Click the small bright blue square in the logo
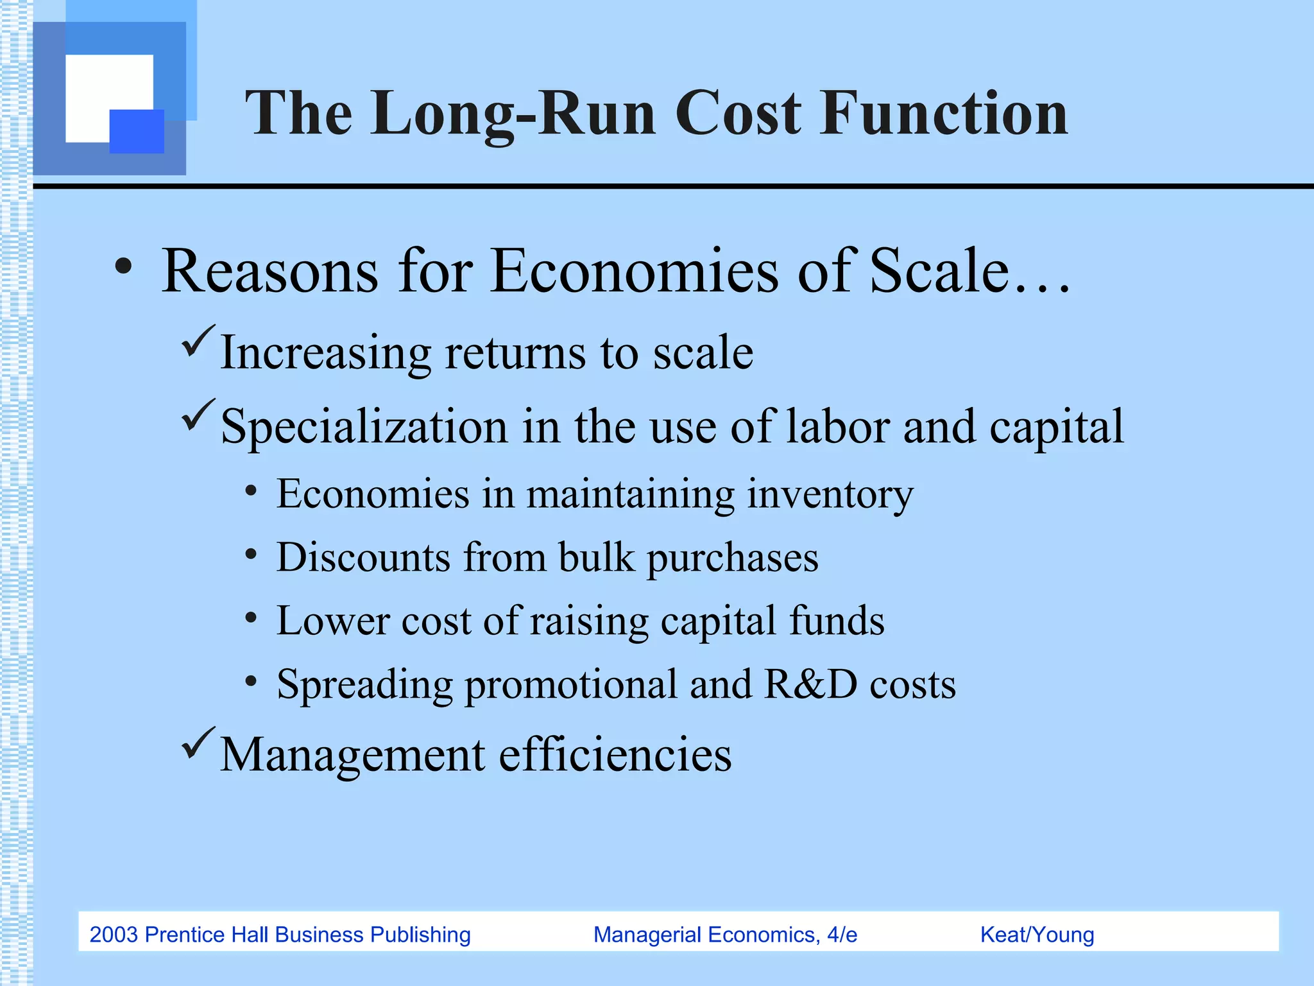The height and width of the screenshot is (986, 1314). [137, 131]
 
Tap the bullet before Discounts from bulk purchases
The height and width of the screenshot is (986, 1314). [251, 554]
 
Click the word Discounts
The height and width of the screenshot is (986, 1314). [363, 557]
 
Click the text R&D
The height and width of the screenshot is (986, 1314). [811, 684]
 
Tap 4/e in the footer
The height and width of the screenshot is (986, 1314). [841, 935]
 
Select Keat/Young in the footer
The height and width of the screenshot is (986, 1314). [1037, 935]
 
